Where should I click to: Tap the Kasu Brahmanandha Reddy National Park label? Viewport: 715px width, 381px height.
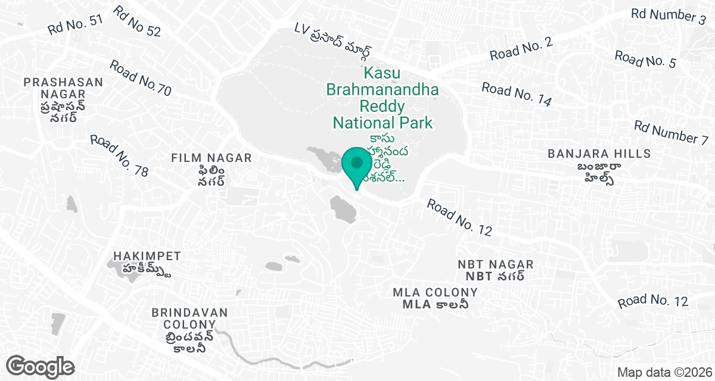(382, 99)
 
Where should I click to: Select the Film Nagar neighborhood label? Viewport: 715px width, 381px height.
(211, 158)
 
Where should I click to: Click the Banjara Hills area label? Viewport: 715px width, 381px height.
(599, 154)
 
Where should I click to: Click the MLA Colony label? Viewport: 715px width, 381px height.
(435, 292)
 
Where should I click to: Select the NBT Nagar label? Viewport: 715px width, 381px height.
(496, 264)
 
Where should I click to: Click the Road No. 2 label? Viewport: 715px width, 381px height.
(521, 48)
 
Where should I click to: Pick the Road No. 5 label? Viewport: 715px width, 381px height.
(645, 60)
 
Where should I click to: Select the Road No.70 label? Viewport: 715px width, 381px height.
(141, 78)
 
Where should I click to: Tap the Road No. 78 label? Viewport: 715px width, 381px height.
(119, 155)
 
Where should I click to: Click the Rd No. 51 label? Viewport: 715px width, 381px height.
(76, 24)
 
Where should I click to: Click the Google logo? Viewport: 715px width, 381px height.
(41, 366)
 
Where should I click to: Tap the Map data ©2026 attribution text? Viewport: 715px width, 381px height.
(663, 372)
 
